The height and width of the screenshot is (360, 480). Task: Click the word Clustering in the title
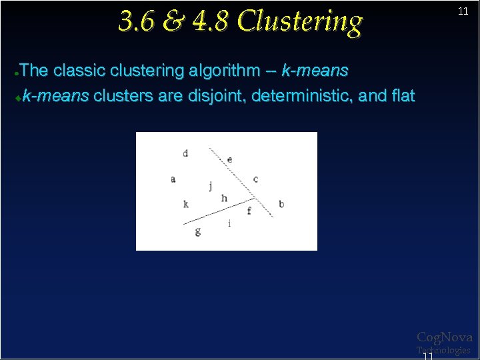[300, 21]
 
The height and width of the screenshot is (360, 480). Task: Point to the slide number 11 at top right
[463, 12]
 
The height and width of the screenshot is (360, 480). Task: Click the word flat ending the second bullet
[403, 96]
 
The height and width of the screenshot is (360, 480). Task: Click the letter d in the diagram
[185, 153]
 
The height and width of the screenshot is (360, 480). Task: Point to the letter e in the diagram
[230, 159]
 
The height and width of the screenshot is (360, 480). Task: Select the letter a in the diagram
[173, 179]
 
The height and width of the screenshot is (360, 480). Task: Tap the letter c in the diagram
[256, 179]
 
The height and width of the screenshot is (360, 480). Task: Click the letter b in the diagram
[281, 203]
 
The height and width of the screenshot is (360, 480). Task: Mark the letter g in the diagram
[198, 231]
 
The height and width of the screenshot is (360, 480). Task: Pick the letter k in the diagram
[186, 204]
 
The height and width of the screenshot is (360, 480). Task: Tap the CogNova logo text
[445, 337]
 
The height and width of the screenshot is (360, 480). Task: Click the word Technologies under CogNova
[443, 350]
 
